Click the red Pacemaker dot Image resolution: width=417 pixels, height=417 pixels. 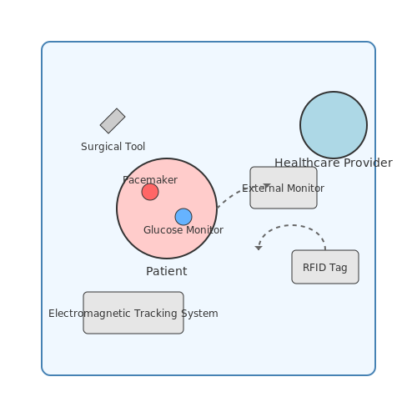tap(150, 192)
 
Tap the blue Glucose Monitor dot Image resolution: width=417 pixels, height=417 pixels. tap(183, 217)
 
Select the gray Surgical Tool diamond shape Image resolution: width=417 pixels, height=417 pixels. tap(113, 121)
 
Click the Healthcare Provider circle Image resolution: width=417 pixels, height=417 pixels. tap(334, 125)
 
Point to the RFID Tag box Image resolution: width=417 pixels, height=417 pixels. tap(325, 267)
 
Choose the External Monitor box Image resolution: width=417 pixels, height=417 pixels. tap(284, 188)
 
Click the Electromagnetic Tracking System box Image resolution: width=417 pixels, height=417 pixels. tap(133, 313)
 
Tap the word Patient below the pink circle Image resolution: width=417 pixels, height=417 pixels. tap(167, 271)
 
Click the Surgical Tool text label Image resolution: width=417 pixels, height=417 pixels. tap(113, 147)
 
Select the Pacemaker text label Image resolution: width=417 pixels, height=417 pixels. tap(150, 180)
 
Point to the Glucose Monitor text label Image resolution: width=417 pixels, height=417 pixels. tap(183, 230)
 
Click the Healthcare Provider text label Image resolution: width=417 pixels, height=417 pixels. tap(334, 163)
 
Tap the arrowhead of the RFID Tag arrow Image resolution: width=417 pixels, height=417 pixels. tap(259, 248)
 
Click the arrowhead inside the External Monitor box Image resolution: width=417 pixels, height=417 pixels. tap(267, 185)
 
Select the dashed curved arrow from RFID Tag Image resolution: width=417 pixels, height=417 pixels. tap(292, 225)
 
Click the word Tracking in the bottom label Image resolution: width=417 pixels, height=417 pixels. tap(156, 314)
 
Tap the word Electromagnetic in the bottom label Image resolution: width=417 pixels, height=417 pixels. tap(89, 314)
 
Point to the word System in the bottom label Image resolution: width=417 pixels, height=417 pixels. tap(199, 314)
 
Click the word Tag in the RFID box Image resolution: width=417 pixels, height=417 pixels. tap(339, 268)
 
